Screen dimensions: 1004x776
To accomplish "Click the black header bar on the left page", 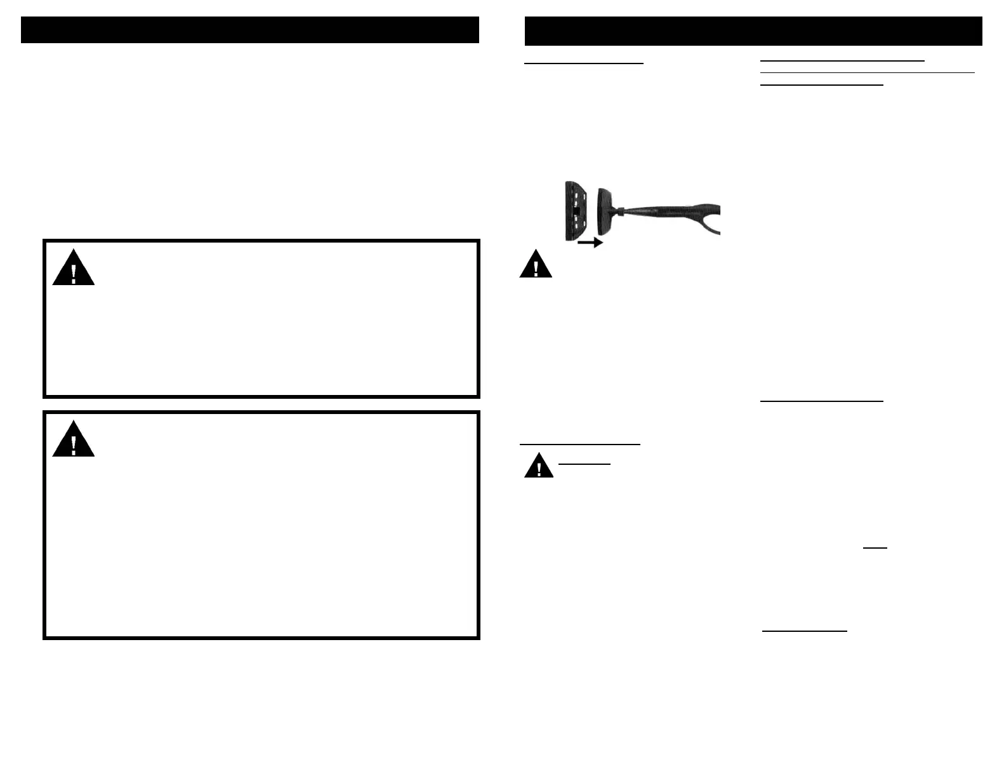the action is point(249,30).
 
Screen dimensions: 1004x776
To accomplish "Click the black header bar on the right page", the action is point(753,32).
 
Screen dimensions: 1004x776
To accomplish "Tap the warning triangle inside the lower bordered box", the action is point(74,440).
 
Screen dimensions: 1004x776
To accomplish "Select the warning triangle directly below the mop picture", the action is point(536,265).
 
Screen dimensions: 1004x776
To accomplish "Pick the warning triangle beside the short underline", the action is point(539,466).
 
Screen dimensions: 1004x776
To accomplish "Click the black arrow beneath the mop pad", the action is point(590,242).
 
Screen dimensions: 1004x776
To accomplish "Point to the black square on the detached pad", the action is point(576,210).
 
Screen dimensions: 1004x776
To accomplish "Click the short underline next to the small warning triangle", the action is point(584,464).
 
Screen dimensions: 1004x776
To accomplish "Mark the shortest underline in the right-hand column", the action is point(875,547).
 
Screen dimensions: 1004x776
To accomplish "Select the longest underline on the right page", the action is point(867,72).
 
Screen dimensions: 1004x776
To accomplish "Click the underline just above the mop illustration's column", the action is point(584,64).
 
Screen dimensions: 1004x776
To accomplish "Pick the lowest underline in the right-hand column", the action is point(804,631).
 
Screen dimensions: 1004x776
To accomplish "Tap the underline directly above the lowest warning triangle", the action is point(579,445).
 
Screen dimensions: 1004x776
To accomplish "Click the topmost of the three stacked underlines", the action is point(842,60).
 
